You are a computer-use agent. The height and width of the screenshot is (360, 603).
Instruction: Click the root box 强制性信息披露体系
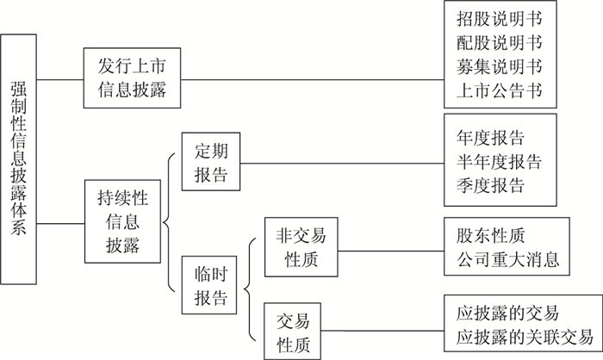click(19, 159)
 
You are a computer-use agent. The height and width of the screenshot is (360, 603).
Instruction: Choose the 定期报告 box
click(210, 161)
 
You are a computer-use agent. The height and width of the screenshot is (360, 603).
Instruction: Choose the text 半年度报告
click(500, 162)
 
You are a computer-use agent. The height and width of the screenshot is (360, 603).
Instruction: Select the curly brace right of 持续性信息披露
click(167, 222)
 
